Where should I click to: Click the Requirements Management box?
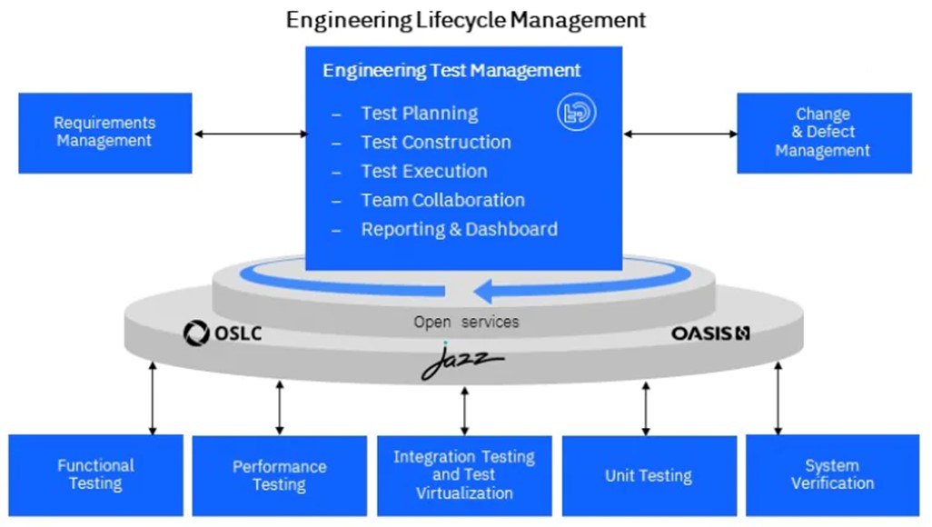104,133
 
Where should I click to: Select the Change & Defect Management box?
823,133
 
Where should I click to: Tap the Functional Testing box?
95,474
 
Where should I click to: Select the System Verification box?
832,474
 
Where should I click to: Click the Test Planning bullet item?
419,114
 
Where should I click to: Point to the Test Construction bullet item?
435,143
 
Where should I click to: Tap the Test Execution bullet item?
423,172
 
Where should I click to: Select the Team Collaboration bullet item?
442,201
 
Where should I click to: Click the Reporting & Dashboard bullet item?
459,230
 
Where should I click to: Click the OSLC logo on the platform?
223,333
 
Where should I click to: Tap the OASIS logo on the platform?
710,333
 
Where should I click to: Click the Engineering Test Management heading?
451,70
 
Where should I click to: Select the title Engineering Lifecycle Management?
466,19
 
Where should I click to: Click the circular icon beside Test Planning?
576,114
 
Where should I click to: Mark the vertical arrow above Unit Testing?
646,408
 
